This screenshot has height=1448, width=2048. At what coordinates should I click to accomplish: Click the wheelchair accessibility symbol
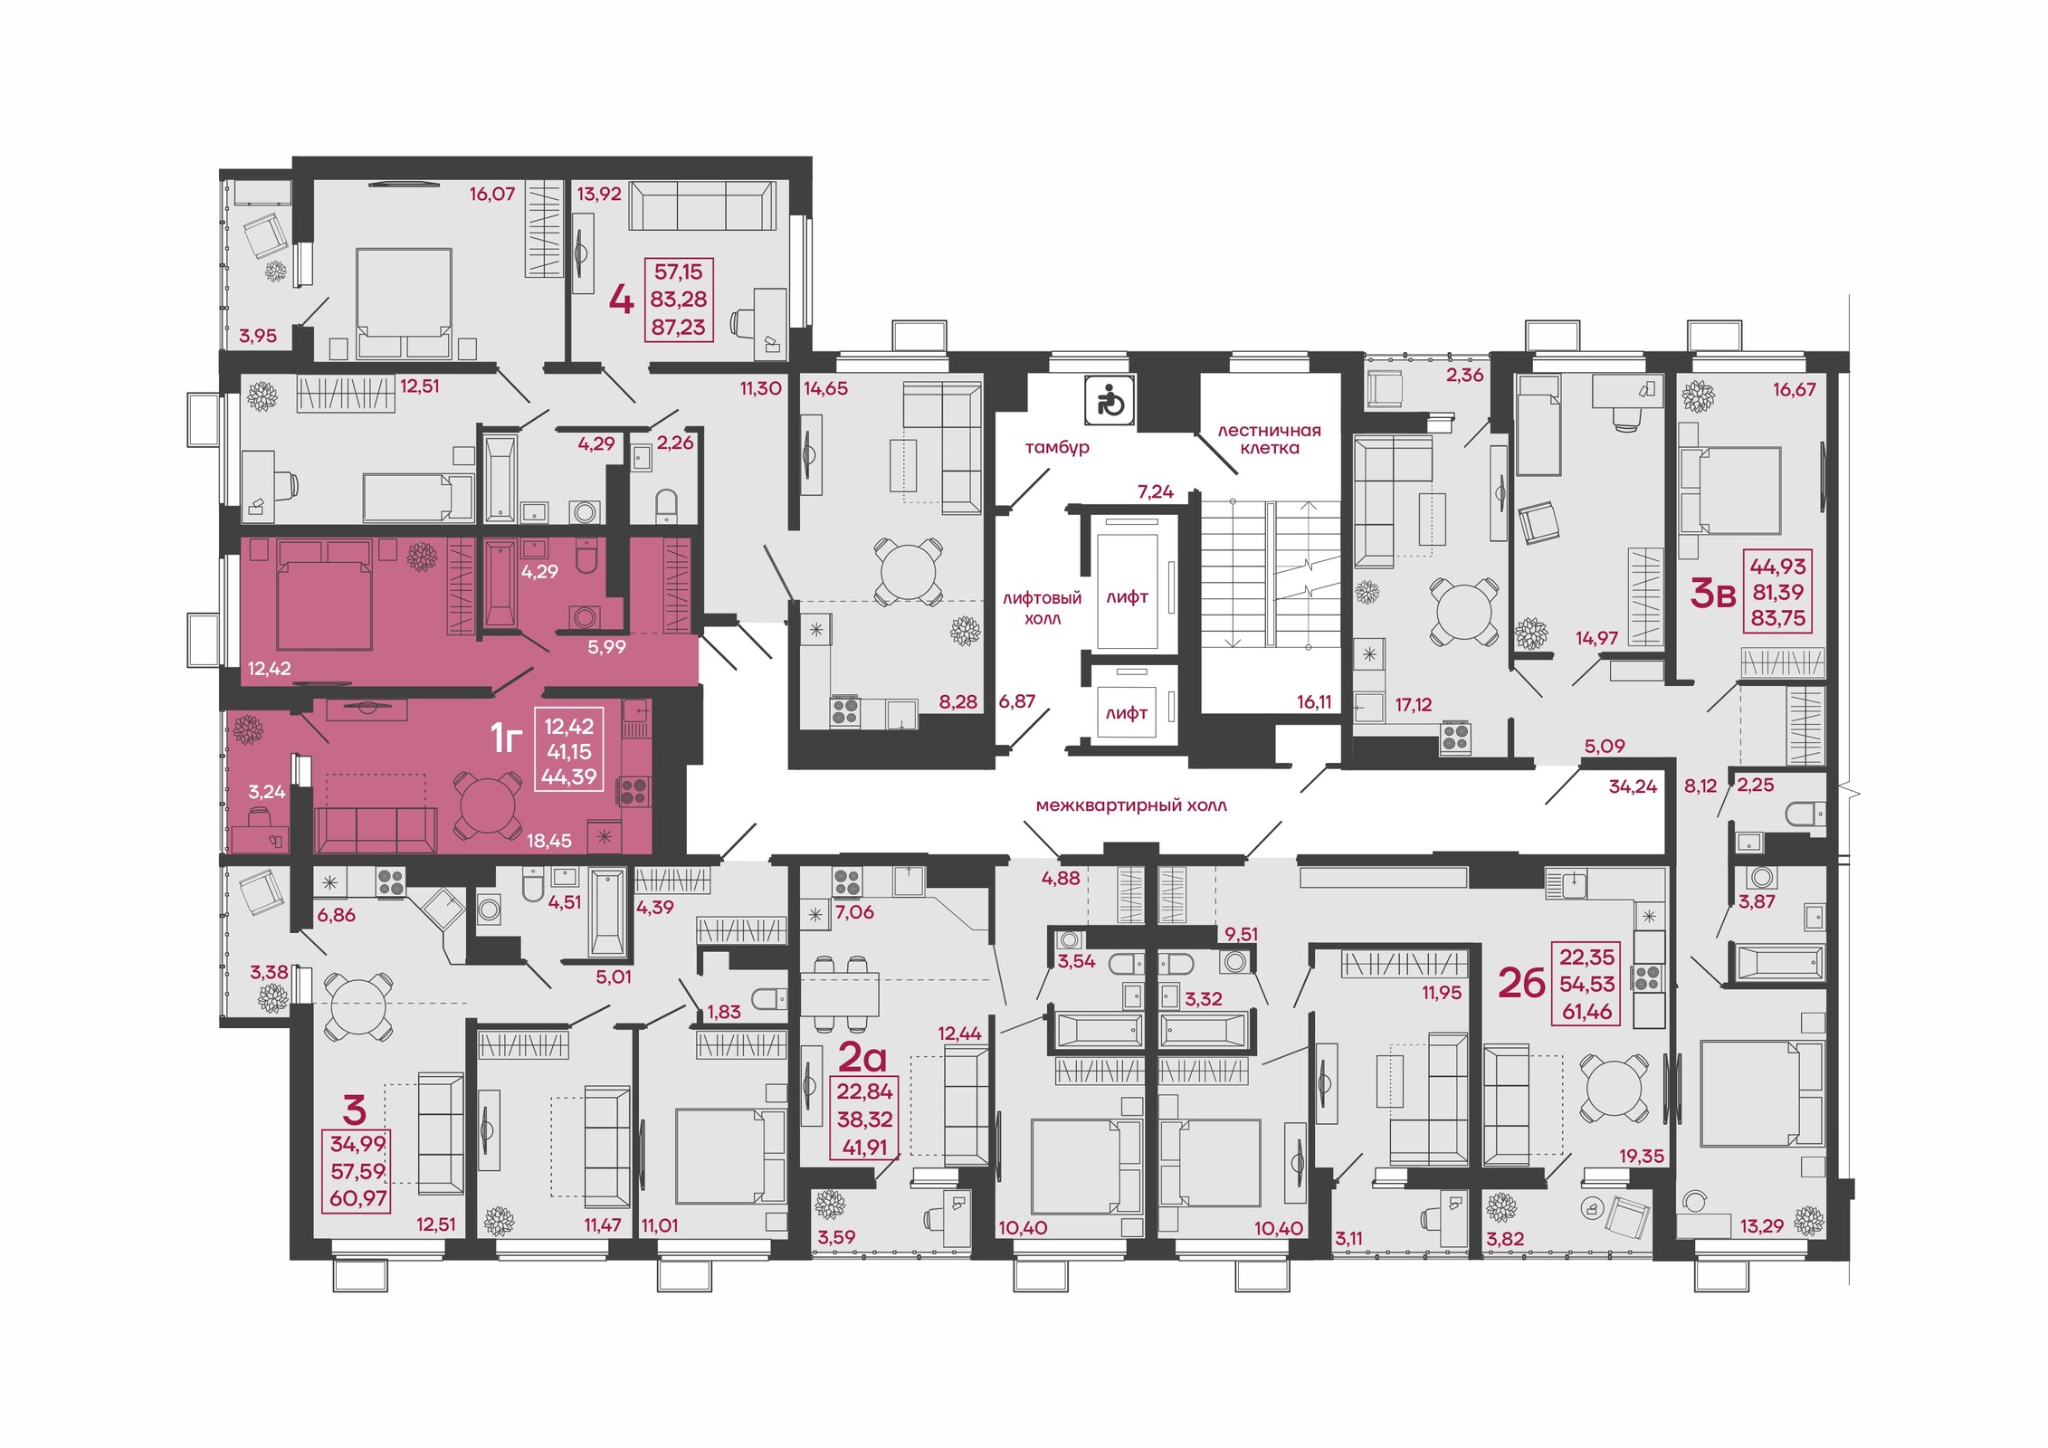[1110, 400]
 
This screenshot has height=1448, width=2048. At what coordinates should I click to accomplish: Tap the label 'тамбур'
[1056, 447]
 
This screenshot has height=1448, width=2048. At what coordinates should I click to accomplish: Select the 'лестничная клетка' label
[1269, 439]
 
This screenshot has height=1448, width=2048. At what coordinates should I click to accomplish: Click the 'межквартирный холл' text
[1131, 805]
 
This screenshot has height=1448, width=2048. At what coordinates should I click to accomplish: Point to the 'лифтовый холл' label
[1042, 608]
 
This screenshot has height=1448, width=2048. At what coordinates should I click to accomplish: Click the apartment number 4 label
[621, 300]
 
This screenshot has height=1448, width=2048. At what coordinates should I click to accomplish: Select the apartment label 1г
[507, 738]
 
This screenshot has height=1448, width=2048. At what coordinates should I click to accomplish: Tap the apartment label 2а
[862, 1056]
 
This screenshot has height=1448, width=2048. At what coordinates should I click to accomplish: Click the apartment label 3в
[1713, 594]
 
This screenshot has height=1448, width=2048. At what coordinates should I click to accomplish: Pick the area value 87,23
[678, 328]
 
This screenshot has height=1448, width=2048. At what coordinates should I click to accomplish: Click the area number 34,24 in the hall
[1633, 786]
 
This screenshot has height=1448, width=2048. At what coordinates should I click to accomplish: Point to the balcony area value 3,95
[258, 336]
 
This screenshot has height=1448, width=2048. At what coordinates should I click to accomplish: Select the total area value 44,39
[568, 776]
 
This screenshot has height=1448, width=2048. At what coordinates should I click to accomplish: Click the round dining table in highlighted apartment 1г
[488, 805]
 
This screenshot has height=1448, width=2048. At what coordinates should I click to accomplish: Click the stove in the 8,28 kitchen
[845, 711]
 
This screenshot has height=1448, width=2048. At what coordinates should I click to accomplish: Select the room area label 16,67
[1794, 390]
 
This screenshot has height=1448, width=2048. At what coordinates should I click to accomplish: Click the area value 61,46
[1586, 1012]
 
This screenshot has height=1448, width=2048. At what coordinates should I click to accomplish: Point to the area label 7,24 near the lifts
[1156, 491]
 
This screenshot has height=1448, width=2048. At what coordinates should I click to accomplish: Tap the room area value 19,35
[1642, 1156]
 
